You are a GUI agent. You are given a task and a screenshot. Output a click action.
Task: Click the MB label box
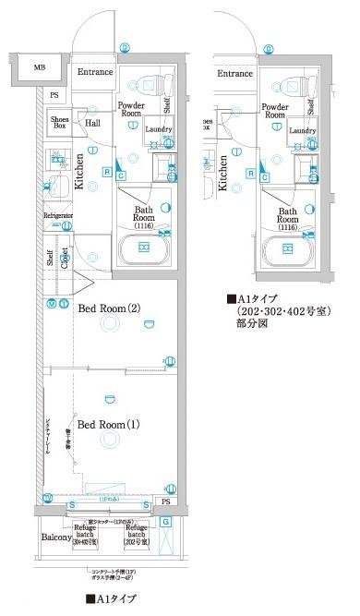point(40,67)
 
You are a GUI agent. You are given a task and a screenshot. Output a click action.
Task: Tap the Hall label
point(93,122)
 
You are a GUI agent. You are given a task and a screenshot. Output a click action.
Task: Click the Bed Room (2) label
point(109,308)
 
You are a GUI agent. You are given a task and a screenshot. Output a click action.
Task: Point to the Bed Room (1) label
point(109,425)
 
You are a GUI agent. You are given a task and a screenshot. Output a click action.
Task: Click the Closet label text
point(65,255)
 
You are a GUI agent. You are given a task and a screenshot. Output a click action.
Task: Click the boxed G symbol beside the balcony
point(165,522)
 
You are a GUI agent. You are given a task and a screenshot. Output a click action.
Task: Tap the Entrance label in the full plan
point(95,72)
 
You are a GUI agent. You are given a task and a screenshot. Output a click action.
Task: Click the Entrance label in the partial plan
point(234,73)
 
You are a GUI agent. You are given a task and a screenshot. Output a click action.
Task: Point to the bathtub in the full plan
point(145,248)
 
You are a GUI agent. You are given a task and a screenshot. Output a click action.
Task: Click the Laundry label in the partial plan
point(302,131)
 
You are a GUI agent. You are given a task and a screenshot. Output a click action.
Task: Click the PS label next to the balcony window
point(166,501)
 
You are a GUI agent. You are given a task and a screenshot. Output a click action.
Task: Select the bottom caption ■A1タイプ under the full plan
point(111,599)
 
